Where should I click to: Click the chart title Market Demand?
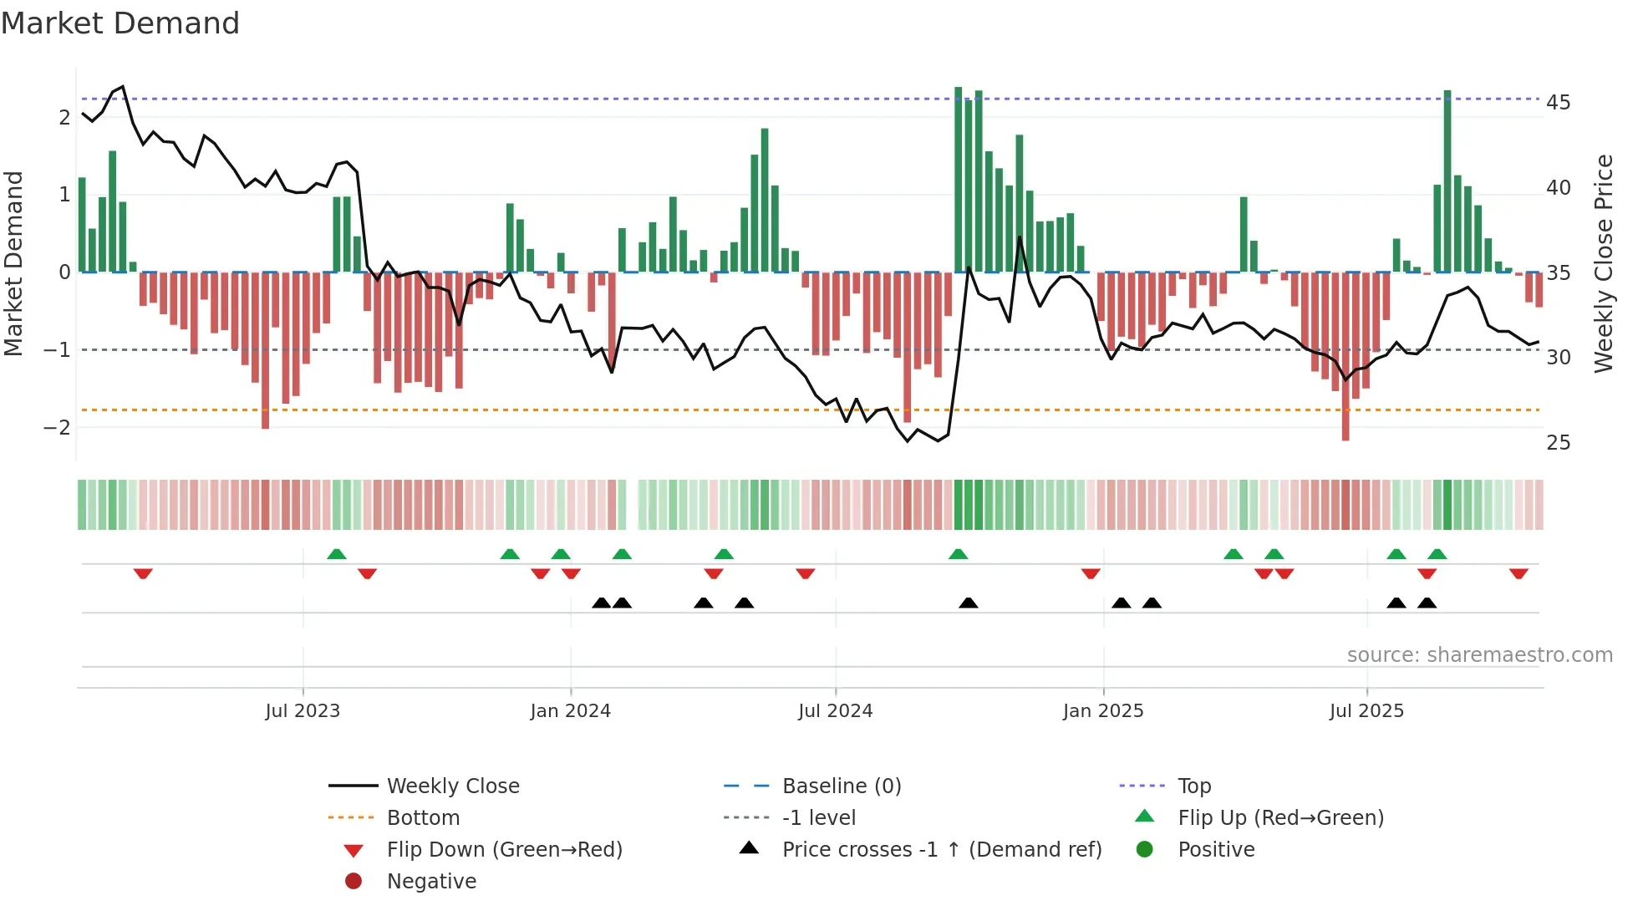(120, 23)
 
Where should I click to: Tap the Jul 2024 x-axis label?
(835, 711)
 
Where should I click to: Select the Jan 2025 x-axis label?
(1102, 711)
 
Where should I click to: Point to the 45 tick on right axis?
(1558, 103)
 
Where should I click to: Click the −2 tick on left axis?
(57, 428)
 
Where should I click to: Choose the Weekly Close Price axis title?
(1603, 263)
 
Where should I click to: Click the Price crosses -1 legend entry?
(941, 850)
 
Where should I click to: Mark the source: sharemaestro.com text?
(1479, 655)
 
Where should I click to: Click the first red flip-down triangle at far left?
(143, 573)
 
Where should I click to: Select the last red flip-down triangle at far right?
(1518, 573)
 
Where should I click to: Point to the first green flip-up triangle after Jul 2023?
(336, 554)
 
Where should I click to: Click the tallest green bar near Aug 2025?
(1447, 181)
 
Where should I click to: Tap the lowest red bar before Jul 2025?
(1345, 356)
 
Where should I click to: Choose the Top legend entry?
(1194, 786)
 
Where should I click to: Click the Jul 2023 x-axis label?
(303, 711)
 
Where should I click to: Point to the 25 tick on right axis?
(1558, 443)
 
